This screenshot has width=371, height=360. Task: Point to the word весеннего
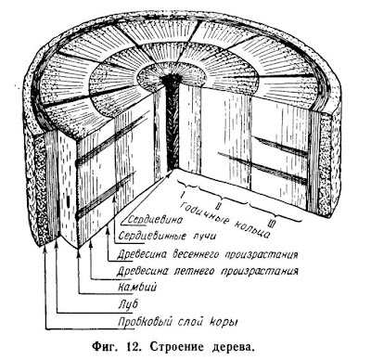198,255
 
